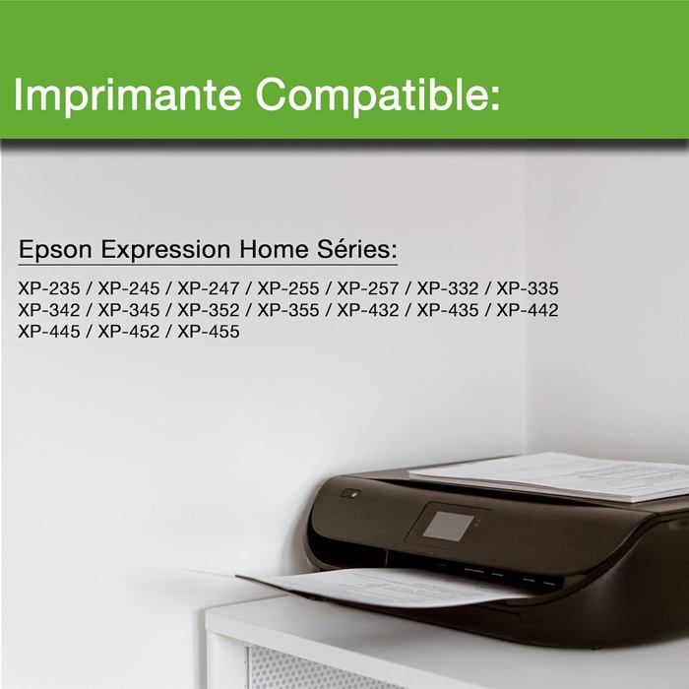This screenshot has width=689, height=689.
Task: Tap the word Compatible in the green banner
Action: click(x=379, y=95)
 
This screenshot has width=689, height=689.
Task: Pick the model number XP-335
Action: click(x=527, y=288)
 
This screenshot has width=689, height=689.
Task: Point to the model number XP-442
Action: click(x=527, y=310)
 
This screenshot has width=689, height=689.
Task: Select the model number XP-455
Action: click(x=208, y=332)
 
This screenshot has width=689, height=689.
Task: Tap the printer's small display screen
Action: click(x=447, y=525)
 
